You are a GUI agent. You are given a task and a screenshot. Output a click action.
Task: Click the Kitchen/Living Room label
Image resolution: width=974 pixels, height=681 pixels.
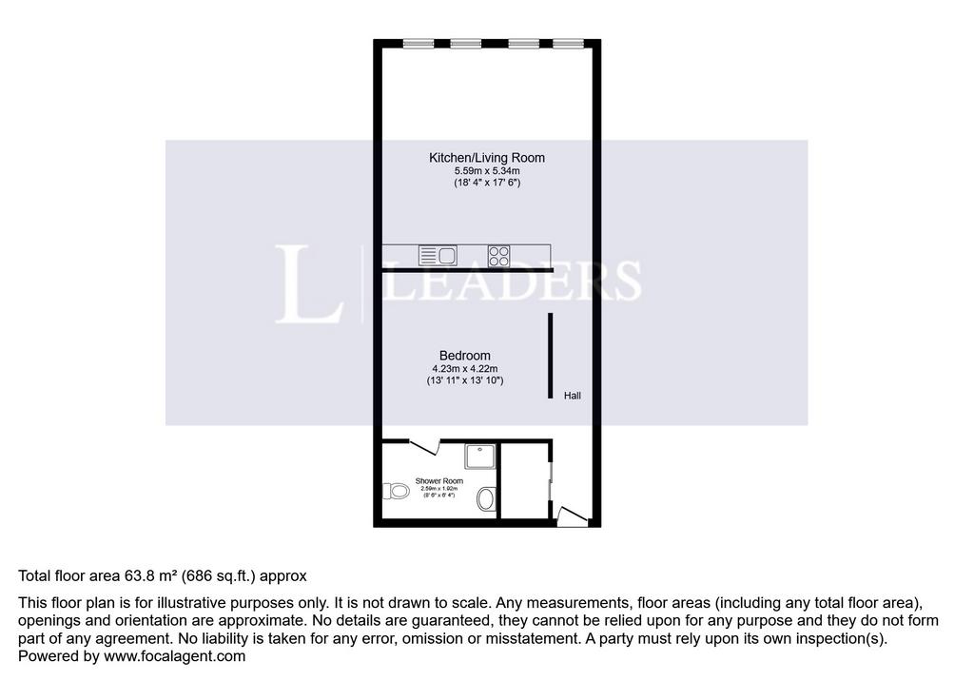click(x=486, y=158)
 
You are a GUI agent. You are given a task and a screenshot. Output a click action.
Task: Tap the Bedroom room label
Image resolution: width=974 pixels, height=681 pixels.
click(x=464, y=356)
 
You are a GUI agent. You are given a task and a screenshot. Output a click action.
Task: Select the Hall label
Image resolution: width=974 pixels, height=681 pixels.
click(x=572, y=395)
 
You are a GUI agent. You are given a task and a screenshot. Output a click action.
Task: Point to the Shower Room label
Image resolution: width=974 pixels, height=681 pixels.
click(x=439, y=481)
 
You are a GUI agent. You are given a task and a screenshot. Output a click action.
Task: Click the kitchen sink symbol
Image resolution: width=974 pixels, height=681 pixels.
click(x=438, y=255)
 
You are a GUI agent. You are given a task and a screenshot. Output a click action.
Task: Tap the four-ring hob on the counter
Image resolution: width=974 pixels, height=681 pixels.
click(x=498, y=256)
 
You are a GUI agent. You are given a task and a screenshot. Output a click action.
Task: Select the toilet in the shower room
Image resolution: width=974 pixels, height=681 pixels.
click(x=395, y=492)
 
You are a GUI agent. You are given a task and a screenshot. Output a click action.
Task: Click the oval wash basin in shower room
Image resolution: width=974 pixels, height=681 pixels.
click(x=486, y=498)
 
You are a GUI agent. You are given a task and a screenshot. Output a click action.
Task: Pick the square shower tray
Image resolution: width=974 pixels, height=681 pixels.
click(x=480, y=457)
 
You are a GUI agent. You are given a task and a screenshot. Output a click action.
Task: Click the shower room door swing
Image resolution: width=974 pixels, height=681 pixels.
click(x=425, y=447)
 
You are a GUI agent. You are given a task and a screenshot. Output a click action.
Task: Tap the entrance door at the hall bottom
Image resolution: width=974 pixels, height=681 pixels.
click(x=572, y=517)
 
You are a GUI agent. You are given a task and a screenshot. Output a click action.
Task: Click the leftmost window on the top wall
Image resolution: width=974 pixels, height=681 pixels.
click(x=419, y=44)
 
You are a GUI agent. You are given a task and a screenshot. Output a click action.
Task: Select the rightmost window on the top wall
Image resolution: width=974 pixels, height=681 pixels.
click(x=568, y=44)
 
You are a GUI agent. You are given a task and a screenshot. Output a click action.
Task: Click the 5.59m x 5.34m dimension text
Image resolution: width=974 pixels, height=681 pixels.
click(x=487, y=171)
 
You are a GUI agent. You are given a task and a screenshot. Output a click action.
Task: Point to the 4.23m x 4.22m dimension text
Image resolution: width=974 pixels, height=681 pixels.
click(x=464, y=368)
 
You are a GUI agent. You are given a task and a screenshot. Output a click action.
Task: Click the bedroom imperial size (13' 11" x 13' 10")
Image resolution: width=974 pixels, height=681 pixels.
click(x=464, y=380)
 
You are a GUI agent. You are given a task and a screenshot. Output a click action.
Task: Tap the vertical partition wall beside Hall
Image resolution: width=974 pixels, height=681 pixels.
click(x=551, y=356)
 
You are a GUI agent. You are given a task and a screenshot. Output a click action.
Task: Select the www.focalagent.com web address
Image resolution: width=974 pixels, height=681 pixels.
click(x=175, y=656)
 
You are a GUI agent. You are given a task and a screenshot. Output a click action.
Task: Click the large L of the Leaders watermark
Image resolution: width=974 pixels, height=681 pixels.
click(x=309, y=284)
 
